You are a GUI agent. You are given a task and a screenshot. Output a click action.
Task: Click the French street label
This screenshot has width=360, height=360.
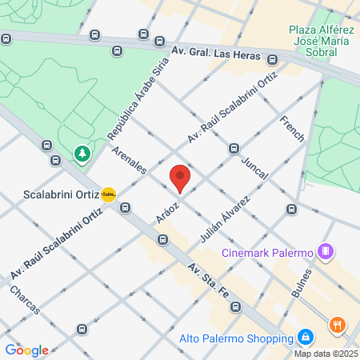(292, 129)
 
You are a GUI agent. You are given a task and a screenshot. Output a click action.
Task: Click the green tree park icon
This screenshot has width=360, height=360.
(82, 152)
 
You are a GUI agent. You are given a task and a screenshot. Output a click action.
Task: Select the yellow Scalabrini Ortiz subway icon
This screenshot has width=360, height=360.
(109, 194)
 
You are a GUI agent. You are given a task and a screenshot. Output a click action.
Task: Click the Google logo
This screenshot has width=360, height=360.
(27, 350)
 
